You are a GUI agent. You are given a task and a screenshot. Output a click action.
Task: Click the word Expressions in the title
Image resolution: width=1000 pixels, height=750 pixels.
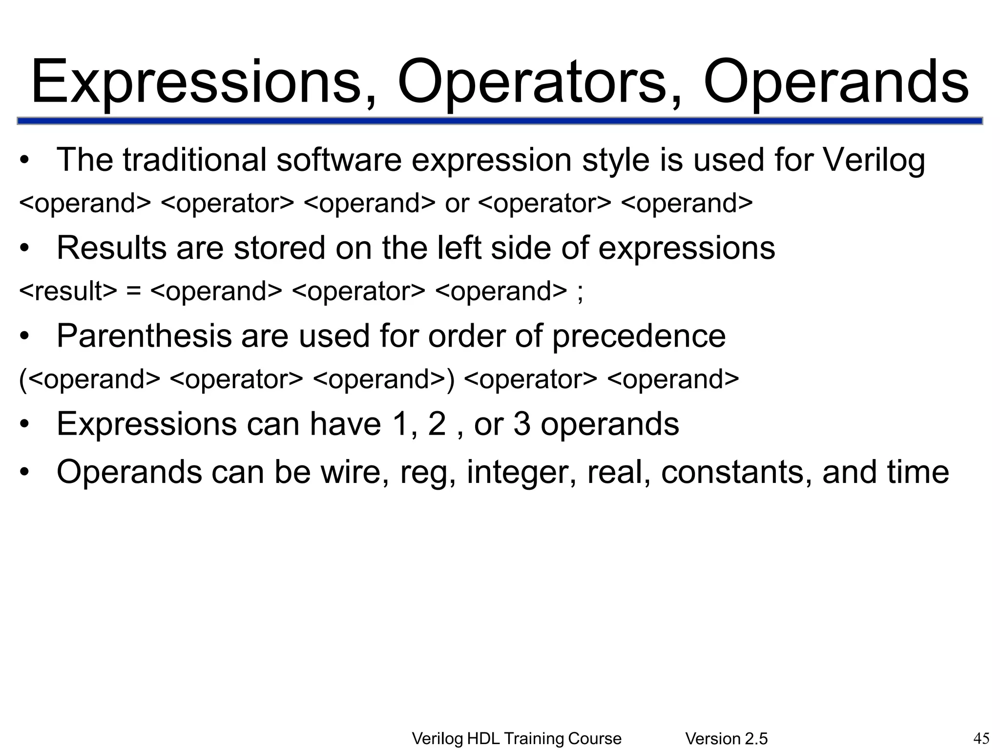click(196, 82)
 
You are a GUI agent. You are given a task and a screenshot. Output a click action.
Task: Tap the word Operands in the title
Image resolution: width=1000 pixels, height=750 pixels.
click(835, 82)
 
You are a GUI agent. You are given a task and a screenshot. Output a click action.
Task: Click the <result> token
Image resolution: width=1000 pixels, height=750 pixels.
click(68, 292)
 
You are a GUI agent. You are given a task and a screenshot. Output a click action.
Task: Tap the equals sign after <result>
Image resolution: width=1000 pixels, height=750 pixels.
click(133, 292)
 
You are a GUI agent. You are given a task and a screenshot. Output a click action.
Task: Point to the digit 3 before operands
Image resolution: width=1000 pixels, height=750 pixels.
click(521, 424)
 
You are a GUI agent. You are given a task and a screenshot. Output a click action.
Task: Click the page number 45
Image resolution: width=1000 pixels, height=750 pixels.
click(981, 738)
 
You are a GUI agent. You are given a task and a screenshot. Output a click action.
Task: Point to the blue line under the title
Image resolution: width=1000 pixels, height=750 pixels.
click(500, 121)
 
